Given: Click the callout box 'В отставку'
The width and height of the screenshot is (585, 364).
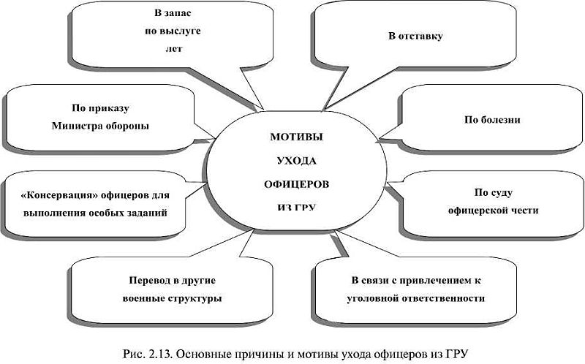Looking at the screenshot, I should [415, 34].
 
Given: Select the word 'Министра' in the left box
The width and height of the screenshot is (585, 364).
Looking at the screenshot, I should [78, 125].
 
